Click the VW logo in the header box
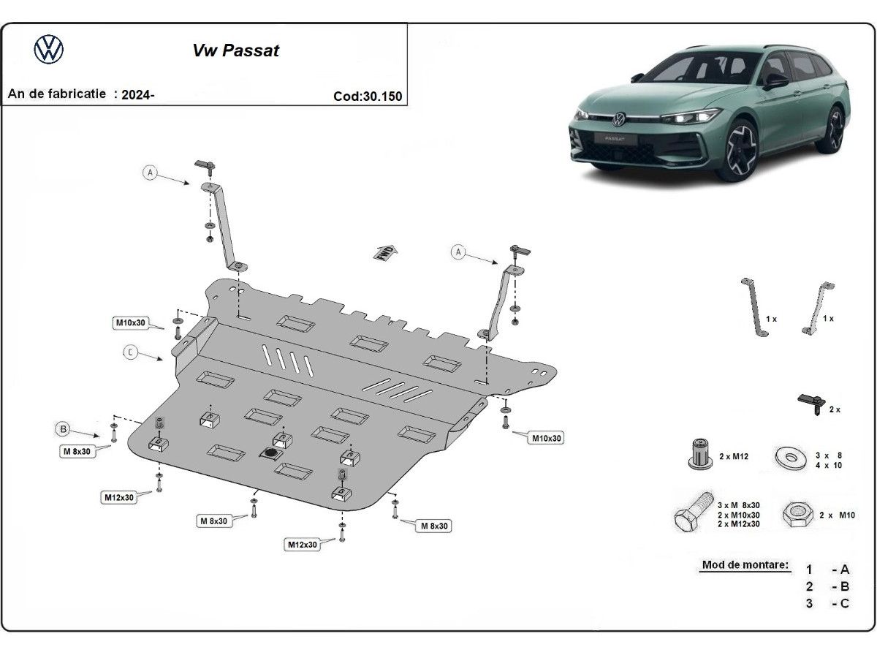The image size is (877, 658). pyautogui.click(x=49, y=50)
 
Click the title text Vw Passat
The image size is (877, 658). pyautogui.click(x=235, y=50)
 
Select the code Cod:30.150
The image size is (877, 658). pyautogui.click(x=367, y=96)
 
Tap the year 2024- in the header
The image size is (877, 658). pyautogui.click(x=138, y=94)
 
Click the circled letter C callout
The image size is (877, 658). pyautogui.click(x=130, y=353)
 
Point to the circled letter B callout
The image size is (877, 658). pyautogui.click(x=64, y=428)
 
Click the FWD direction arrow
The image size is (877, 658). pyautogui.click(x=386, y=254)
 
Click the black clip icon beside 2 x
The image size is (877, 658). pyautogui.click(x=810, y=403)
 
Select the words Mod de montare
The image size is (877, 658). pyautogui.click(x=745, y=564)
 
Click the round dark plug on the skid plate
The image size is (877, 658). pyautogui.click(x=270, y=454)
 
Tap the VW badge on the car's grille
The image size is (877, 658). pyautogui.click(x=619, y=117)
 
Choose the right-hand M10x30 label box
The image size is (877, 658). pyautogui.click(x=547, y=437)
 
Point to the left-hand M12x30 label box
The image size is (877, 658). pyautogui.click(x=118, y=497)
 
